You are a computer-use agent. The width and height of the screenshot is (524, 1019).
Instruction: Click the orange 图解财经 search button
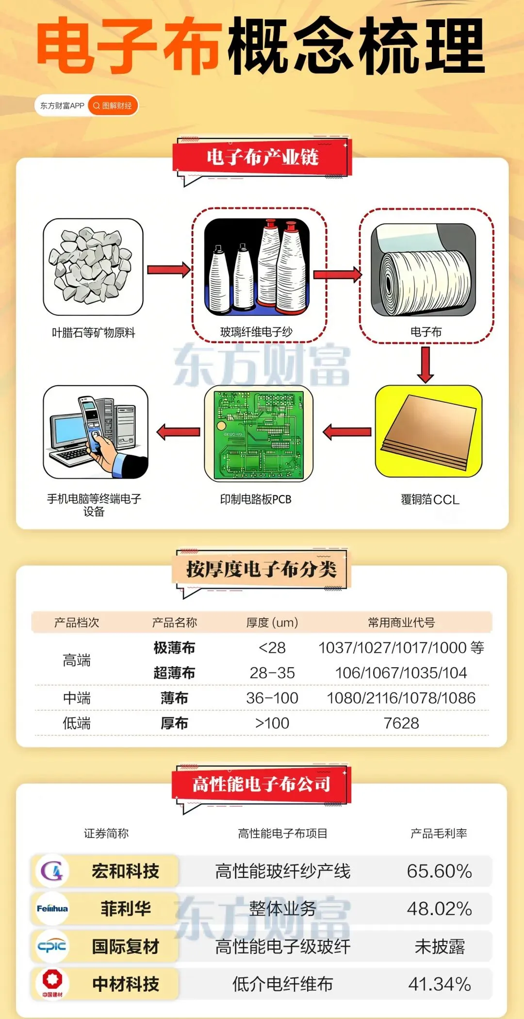point(113,106)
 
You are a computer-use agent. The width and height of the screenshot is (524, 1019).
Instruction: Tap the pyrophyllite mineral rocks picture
point(93,266)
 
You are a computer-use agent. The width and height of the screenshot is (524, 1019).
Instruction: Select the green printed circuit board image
point(258,433)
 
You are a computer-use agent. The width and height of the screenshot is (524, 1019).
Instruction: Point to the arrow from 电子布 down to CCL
point(426,364)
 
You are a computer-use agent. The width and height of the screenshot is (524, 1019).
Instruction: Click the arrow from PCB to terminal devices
point(178,431)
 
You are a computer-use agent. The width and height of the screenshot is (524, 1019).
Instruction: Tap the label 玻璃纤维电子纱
point(256,332)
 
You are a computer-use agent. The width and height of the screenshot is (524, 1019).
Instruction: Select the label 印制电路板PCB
point(256,499)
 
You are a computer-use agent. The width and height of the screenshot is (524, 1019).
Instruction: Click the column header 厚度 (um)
point(272,623)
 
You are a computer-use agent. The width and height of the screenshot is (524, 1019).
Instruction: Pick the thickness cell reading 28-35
point(272,673)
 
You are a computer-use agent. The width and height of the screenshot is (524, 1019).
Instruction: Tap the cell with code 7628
point(401,723)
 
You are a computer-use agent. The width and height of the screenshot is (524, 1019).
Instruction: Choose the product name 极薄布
point(174,648)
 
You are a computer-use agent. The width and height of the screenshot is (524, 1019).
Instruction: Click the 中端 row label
point(77,698)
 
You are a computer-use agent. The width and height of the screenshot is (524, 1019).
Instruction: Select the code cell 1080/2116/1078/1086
point(401,698)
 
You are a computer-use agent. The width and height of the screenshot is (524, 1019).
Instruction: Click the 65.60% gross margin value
point(439,871)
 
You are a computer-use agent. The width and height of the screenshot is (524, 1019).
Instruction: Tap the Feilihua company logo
point(52,908)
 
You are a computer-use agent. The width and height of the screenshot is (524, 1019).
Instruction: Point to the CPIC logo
point(52,946)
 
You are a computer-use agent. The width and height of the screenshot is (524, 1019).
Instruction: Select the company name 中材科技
point(126,984)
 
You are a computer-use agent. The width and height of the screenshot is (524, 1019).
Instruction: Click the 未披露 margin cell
point(439,946)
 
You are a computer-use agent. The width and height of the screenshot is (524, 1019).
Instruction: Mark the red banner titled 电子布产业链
point(262,157)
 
